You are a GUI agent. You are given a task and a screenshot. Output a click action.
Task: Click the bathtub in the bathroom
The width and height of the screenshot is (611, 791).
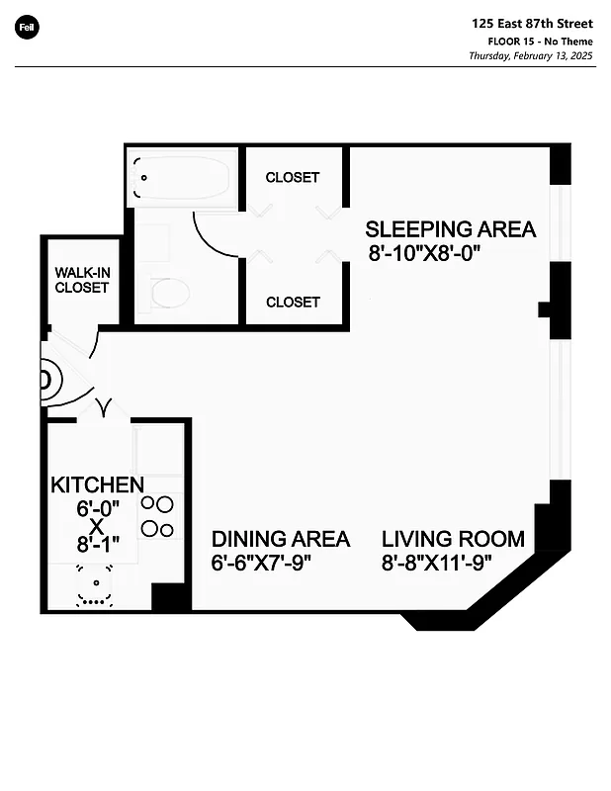[182, 179]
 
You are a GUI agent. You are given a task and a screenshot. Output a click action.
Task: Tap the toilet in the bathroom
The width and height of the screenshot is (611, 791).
[169, 292]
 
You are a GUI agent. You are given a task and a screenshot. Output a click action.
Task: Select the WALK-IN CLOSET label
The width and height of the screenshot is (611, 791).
[81, 279]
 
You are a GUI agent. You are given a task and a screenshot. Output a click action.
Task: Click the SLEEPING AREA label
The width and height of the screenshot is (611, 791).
[451, 229]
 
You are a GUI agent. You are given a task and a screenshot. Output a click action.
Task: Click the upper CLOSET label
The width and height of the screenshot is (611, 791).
[293, 178]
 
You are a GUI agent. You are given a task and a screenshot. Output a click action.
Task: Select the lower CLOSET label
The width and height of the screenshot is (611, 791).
[293, 302]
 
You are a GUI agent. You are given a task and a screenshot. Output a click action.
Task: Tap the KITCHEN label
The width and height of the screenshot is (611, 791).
[97, 484]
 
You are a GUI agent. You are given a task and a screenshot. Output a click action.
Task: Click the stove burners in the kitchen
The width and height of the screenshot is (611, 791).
[155, 516]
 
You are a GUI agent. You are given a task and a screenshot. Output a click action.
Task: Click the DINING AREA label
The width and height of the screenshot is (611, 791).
[281, 539]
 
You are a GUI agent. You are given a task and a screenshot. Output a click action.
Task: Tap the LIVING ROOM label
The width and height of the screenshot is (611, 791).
[453, 539]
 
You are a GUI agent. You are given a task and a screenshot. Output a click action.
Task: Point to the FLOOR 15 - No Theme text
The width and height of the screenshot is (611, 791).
[540, 41]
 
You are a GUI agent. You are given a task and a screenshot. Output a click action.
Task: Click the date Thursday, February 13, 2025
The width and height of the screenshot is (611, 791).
[530, 56]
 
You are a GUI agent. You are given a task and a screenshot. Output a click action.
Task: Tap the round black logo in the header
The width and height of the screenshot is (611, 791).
[27, 27]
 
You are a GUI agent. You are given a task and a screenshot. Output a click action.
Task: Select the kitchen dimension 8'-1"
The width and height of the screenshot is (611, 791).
[97, 544]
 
